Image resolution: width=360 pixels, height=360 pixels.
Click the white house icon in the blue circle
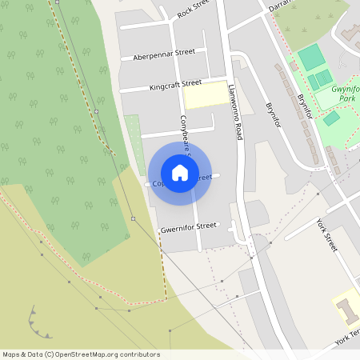(x=180, y=172)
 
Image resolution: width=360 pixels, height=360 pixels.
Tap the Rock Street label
(x=193, y=10)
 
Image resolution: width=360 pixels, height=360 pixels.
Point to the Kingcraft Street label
(x=175, y=83)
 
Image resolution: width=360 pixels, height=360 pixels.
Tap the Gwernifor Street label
(x=189, y=227)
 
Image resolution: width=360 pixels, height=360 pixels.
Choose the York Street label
(x=326, y=234)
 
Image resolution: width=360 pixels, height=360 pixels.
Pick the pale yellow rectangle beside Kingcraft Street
(x=206, y=94)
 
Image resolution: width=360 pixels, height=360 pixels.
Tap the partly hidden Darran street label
(x=279, y=5)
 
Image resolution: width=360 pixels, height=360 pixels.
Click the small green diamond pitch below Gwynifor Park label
(x=331, y=118)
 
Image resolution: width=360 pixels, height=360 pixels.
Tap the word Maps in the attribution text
(x=11, y=354)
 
